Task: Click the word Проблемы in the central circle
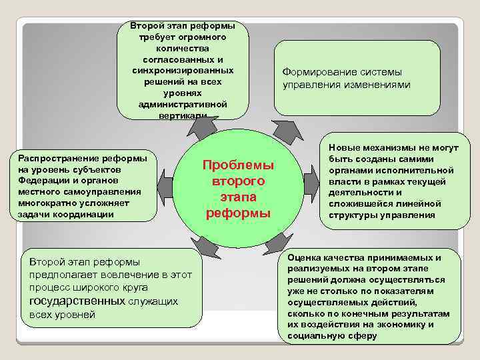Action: click(238, 165)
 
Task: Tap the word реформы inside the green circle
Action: click(238, 213)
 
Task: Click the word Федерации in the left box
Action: click(41, 180)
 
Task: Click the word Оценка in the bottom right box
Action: click(303, 257)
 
